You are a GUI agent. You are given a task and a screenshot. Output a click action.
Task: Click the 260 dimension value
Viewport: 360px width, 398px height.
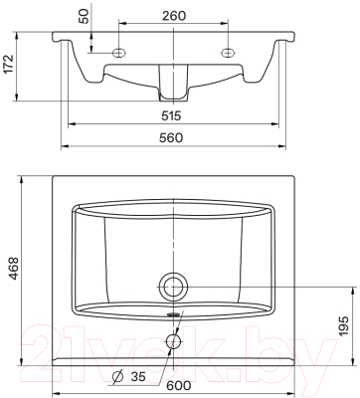click(x=174, y=15)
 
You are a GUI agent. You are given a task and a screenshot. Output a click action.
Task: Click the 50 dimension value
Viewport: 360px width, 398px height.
click(x=86, y=16)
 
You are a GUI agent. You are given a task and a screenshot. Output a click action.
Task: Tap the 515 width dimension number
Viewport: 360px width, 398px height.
click(x=171, y=115)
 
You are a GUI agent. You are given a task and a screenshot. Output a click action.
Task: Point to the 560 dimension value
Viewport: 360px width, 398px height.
click(x=171, y=137)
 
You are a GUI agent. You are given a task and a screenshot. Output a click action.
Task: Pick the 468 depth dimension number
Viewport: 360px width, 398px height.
click(x=13, y=268)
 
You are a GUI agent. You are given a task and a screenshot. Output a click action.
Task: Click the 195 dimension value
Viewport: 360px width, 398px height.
click(x=343, y=326)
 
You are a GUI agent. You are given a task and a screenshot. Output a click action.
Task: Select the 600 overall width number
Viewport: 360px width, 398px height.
click(x=179, y=385)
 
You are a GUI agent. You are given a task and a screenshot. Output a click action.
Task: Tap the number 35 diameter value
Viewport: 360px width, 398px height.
click(x=138, y=376)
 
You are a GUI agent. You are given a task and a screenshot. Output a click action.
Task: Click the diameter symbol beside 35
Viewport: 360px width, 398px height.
click(x=117, y=377)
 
